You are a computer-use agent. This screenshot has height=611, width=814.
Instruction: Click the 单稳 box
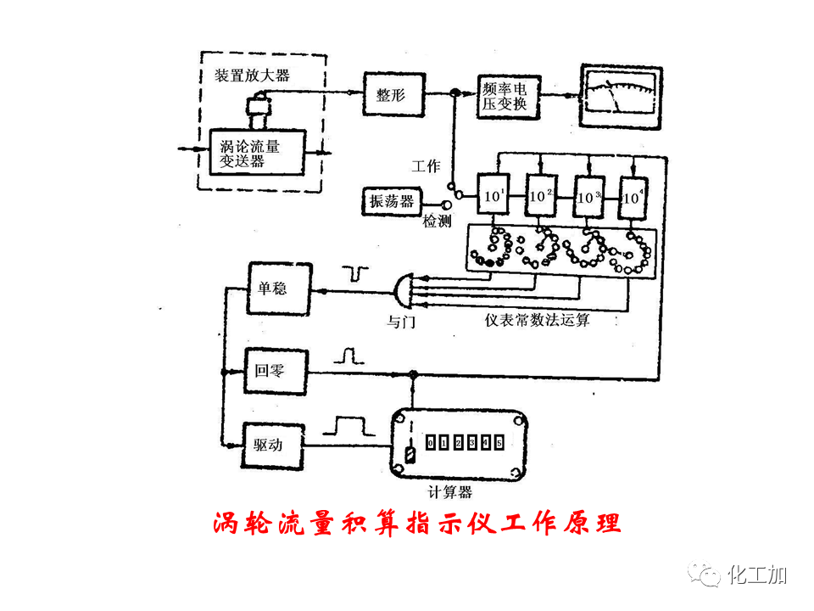pyautogui.click(x=276, y=289)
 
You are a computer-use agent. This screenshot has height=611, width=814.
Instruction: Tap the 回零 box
pyautogui.click(x=276, y=372)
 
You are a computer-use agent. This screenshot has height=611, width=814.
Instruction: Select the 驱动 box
pyautogui.click(x=276, y=445)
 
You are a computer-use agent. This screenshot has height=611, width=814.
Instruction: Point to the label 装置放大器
pyautogui.click(x=251, y=76)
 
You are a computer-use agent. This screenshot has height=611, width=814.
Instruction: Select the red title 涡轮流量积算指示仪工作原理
pyautogui.click(x=415, y=523)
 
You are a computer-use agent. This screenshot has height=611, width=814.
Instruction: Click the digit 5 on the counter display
pyautogui.click(x=499, y=443)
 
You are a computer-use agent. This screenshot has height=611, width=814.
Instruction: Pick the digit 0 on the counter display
pyautogui.click(x=430, y=443)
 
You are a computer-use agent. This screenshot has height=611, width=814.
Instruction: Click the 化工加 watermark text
pyautogui.click(x=758, y=575)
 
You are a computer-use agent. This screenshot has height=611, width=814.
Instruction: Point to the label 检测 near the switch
pyautogui.click(x=437, y=221)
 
